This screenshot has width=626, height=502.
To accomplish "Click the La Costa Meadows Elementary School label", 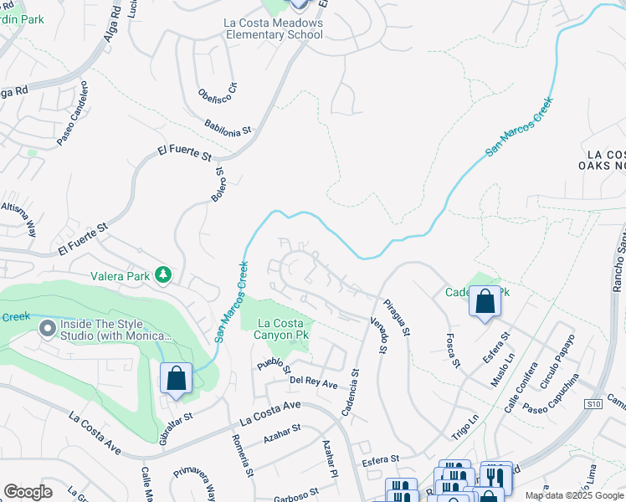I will (274, 28).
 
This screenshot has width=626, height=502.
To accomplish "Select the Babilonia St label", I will (228, 126).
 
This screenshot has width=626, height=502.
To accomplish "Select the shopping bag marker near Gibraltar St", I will (176, 378).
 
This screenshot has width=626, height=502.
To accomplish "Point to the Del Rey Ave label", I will (313, 382).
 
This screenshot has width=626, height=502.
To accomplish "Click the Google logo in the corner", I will (28, 492).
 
